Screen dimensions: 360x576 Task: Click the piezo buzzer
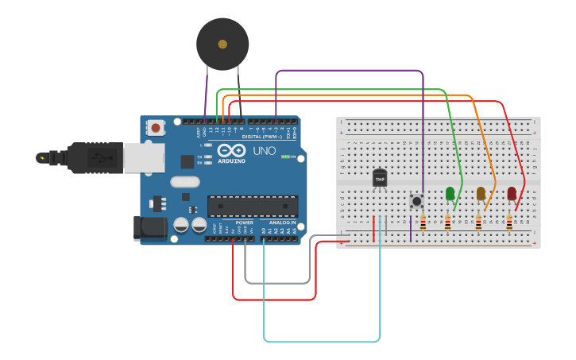click(x=222, y=45)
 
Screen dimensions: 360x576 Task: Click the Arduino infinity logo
click(x=232, y=150)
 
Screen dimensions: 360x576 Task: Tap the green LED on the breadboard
click(x=450, y=193)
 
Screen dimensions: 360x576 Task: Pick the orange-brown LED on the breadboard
click(x=481, y=193)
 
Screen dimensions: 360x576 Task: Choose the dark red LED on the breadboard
click(x=512, y=193)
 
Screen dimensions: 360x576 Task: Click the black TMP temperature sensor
click(x=380, y=179)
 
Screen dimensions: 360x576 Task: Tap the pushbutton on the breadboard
click(x=416, y=201)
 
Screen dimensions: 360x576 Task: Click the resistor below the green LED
click(x=448, y=224)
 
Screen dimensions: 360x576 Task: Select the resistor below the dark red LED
click(x=509, y=224)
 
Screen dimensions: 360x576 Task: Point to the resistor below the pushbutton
click(x=423, y=224)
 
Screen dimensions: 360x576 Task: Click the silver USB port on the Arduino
click(x=144, y=157)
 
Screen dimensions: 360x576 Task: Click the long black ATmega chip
click(x=253, y=206)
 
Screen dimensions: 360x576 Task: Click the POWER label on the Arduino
click(x=244, y=223)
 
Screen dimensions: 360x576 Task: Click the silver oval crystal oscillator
click(x=184, y=181)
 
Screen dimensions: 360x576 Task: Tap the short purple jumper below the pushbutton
click(x=411, y=228)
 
